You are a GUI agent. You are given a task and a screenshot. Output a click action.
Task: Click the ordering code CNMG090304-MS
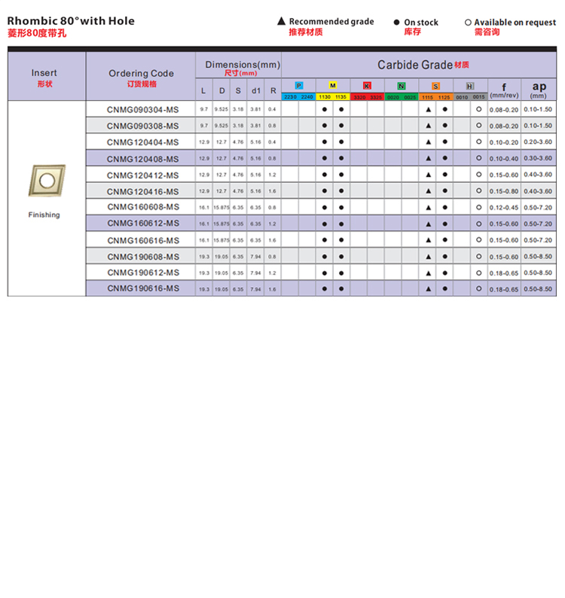(142, 110)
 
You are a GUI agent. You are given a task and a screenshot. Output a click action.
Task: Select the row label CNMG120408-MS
(142, 159)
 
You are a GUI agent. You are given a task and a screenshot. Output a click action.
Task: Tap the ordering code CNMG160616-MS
(142, 240)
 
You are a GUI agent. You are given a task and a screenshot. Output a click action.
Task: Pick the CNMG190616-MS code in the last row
(142, 288)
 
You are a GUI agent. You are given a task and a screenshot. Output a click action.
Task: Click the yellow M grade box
(332, 86)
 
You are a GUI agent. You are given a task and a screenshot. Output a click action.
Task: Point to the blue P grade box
(298, 86)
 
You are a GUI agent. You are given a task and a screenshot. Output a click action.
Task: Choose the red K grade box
(367, 86)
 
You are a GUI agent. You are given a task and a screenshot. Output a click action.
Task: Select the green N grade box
(402, 86)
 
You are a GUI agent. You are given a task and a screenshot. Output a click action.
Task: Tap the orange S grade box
(435, 86)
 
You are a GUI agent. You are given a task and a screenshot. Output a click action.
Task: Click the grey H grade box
(470, 86)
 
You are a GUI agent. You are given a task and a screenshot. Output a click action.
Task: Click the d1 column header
(255, 91)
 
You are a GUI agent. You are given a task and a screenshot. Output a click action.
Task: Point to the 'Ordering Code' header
(141, 73)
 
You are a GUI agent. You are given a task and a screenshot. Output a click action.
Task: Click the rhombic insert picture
(47, 181)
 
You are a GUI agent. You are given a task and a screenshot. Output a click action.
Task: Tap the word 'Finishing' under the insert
(44, 215)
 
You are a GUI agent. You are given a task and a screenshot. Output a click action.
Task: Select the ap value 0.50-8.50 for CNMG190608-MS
(538, 257)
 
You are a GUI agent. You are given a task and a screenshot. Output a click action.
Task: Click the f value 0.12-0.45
(503, 208)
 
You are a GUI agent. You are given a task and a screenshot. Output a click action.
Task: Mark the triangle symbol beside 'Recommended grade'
(281, 22)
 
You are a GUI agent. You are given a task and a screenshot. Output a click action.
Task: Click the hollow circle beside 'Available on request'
(468, 23)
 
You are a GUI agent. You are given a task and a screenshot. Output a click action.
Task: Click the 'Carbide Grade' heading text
(415, 65)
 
